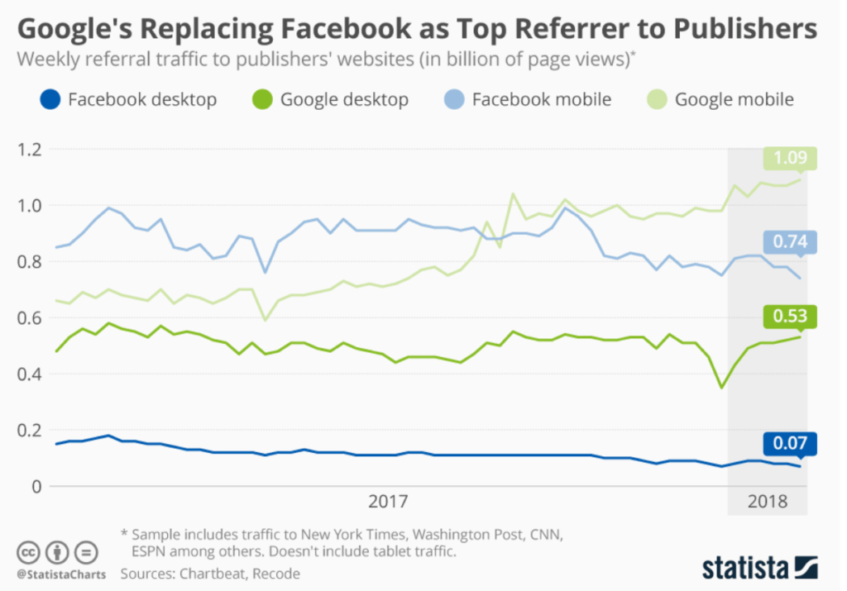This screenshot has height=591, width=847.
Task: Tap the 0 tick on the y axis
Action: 35,486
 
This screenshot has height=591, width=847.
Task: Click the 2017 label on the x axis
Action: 388,502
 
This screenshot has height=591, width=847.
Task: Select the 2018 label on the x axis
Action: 767,502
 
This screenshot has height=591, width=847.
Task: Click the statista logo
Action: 759,568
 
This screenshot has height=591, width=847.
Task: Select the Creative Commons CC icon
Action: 28,551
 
